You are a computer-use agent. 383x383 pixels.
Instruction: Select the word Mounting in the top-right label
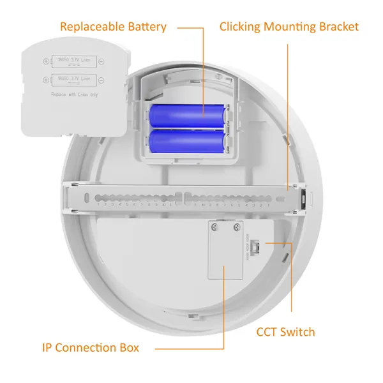(x=294, y=27)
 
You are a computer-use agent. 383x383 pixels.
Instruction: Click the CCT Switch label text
(x=285, y=332)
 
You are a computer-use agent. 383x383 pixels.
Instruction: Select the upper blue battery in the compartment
(x=188, y=116)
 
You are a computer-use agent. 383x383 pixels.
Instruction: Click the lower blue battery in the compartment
(x=188, y=140)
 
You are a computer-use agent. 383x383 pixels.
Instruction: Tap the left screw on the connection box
(x=217, y=227)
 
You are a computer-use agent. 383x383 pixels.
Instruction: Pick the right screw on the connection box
(x=237, y=227)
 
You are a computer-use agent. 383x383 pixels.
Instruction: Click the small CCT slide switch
(x=255, y=245)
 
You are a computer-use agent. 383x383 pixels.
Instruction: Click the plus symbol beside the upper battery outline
(x=46, y=63)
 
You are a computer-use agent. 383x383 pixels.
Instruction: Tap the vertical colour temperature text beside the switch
(x=247, y=246)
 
